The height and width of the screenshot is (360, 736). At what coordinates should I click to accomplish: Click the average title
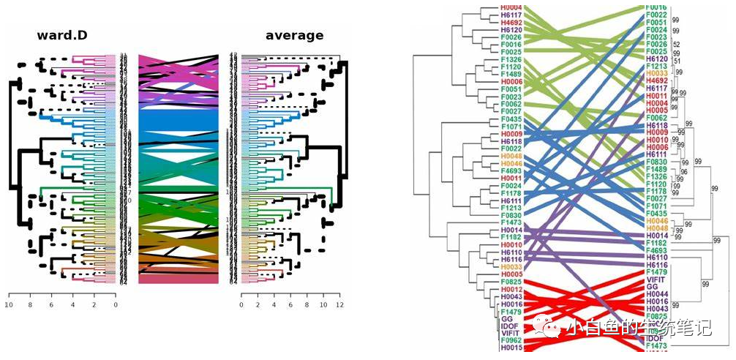(294, 35)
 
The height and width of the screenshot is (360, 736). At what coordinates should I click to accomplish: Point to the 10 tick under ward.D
(10, 305)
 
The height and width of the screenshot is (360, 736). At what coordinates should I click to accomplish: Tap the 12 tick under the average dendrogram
(338, 305)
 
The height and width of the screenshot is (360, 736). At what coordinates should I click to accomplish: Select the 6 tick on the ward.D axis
(52, 305)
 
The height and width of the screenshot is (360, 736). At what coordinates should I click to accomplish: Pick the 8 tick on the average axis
(306, 305)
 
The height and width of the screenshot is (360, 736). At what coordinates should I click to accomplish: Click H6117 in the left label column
(511, 15)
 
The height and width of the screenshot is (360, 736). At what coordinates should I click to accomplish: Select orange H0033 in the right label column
(656, 73)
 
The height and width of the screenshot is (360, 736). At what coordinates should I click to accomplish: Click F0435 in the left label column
(511, 119)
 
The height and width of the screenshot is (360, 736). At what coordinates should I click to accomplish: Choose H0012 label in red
(511, 290)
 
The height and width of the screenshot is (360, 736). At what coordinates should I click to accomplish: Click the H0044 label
(656, 293)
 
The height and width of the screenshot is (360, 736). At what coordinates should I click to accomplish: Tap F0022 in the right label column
(656, 15)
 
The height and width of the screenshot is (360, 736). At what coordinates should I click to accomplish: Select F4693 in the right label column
(656, 250)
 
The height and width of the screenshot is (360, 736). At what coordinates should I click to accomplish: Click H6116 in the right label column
(656, 265)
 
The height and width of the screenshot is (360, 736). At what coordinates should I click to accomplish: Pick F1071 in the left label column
(511, 127)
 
